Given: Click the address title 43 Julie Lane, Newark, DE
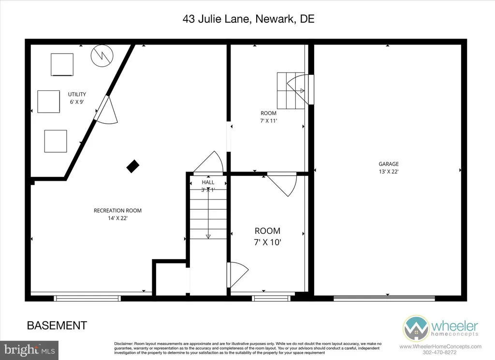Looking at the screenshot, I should (248, 19).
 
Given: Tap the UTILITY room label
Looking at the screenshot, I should (77, 94).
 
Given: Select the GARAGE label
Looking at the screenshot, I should (389, 164).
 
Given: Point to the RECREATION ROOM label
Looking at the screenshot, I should (117, 211).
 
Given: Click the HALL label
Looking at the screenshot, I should (208, 182).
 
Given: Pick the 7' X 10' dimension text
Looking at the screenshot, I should (267, 242).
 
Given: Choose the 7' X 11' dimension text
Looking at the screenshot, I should (268, 121).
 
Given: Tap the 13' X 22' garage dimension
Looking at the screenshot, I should (389, 172).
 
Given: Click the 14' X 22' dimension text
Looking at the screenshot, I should (117, 218).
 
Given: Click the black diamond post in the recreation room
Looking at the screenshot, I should (132, 167).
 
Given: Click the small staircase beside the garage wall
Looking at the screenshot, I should (289, 90).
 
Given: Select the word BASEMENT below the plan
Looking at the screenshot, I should (57, 325).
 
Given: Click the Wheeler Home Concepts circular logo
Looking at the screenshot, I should (416, 329).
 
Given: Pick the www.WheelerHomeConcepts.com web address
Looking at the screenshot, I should (440, 346).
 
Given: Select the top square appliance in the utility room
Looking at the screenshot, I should (62, 64).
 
